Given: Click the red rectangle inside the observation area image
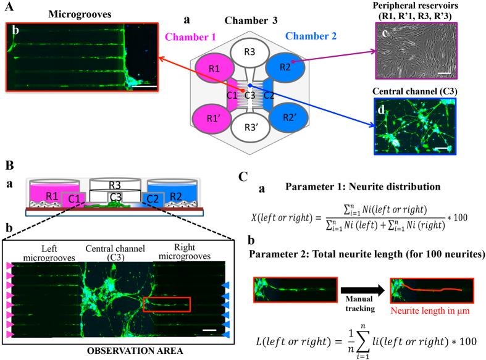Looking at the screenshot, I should [166, 304].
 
